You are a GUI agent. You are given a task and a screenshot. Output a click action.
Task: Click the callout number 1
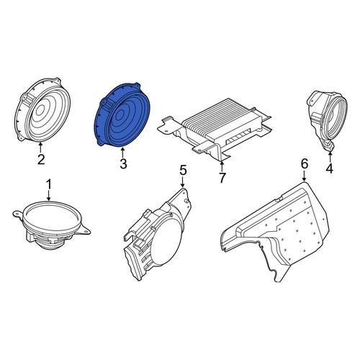click(x=49, y=185)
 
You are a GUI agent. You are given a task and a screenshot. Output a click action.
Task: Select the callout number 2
click(x=41, y=160)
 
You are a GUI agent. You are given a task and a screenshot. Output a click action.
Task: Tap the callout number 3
click(x=123, y=163)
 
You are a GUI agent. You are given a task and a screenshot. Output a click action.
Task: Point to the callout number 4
click(x=330, y=168)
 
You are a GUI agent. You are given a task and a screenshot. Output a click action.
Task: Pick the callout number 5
click(x=183, y=171)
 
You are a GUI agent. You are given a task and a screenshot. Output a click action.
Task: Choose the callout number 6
click(x=304, y=164)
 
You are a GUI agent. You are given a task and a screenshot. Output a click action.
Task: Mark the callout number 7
click(x=222, y=178)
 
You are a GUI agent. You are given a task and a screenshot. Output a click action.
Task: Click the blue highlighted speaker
click(x=122, y=114)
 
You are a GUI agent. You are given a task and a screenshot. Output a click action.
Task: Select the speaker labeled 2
click(x=42, y=109)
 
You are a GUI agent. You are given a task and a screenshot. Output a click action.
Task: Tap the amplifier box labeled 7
click(x=215, y=128)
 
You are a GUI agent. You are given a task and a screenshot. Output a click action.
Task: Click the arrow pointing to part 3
click(x=123, y=153)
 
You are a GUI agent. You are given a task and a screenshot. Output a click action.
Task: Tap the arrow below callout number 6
click(x=304, y=175)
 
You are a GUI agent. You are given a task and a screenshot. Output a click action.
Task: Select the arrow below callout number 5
click(x=183, y=181)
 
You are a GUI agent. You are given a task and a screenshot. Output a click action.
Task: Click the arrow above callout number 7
click(x=222, y=167)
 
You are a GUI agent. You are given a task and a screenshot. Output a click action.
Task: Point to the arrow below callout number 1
click(x=49, y=196)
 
